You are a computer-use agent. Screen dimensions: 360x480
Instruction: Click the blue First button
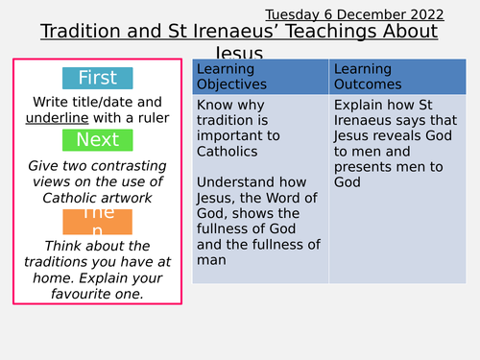coord(97,79)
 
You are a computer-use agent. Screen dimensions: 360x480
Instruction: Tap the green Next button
coord(97,140)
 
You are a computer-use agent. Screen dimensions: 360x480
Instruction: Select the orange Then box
coord(97,221)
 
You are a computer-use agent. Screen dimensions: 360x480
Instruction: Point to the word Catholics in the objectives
coord(229,151)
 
